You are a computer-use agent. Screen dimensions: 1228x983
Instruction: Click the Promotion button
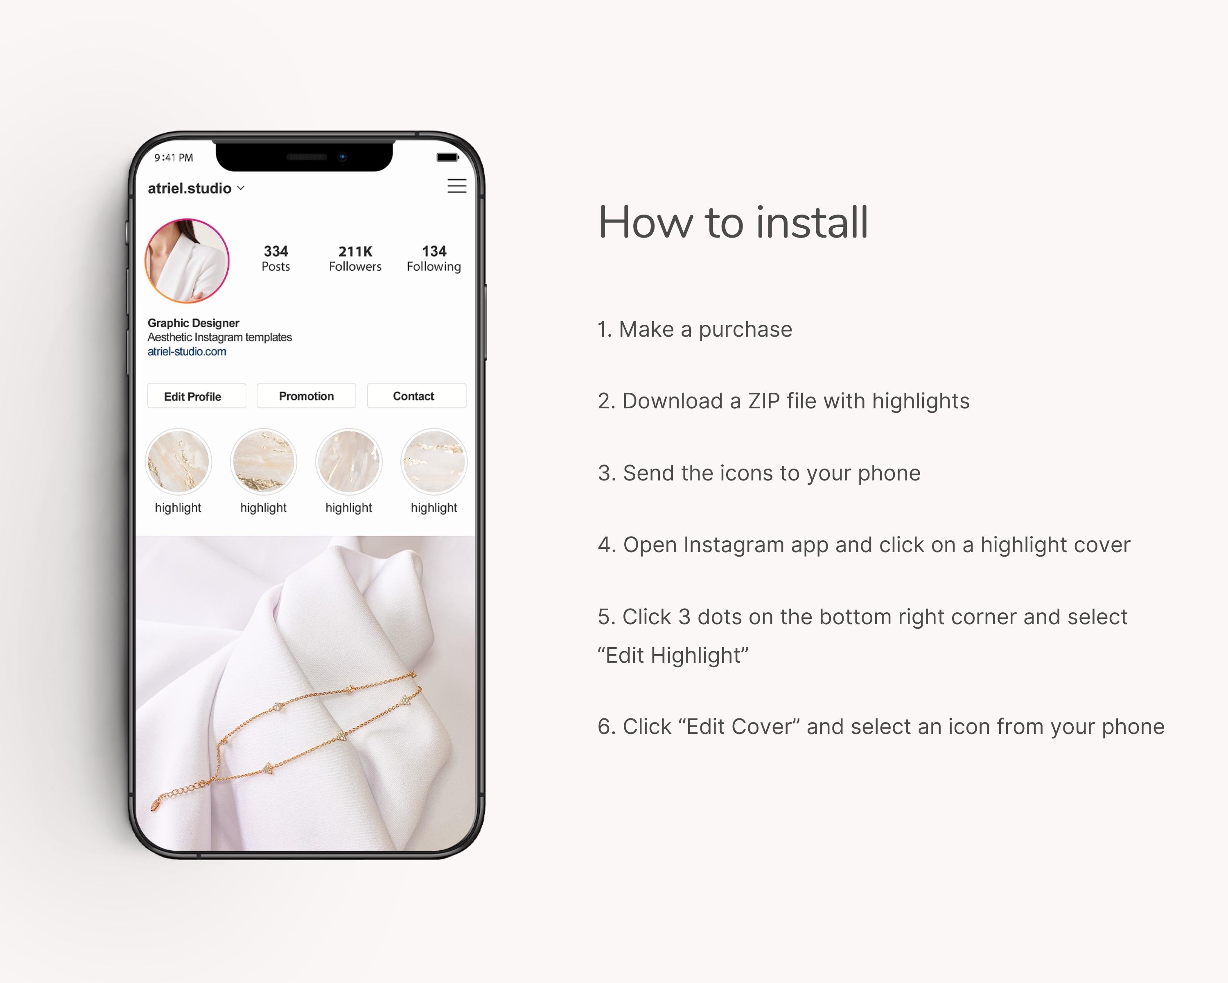tap(307, 396)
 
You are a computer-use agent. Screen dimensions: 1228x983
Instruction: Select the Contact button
tap(416, 396)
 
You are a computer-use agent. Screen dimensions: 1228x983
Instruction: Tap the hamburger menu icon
tap(457, 186)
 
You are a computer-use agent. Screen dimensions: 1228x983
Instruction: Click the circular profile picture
tap(187, 261)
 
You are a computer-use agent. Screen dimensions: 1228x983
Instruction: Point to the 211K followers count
tap(355, 251)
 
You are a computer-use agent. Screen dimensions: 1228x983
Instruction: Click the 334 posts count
tap(275, 251)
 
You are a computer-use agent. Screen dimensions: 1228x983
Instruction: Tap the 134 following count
tap(434, 251)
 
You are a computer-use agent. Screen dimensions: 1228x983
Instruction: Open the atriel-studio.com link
tap(187, 351)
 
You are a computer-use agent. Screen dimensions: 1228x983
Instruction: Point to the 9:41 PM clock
tap(174, 158)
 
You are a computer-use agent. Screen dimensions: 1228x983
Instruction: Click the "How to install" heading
tap(733, 222)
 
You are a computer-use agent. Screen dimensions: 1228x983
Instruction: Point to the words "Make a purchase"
tap(706, 329)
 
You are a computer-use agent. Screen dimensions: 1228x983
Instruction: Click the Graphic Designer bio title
tap(193, 323)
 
